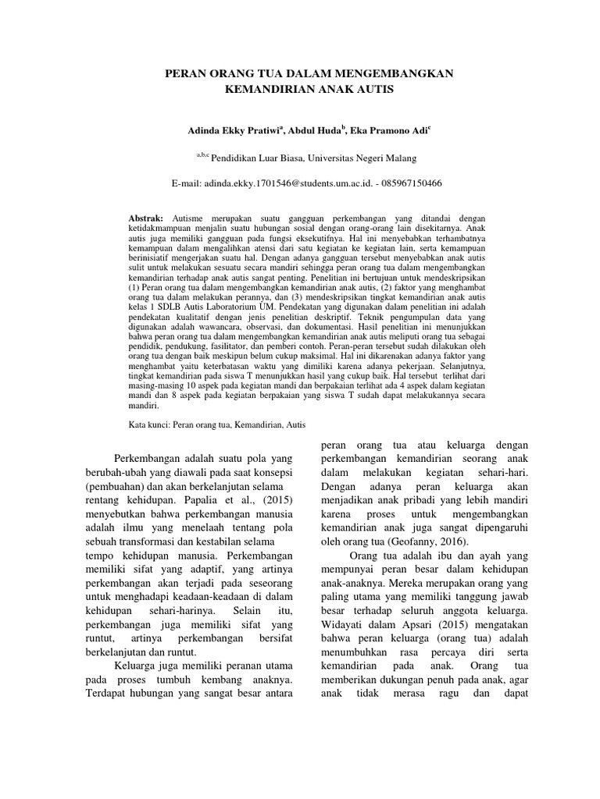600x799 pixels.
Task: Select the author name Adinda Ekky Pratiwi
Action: (x=223, y=130)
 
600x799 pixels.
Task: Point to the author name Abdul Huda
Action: (x=315, y=130)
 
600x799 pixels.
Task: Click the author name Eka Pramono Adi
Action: (x=387, y=130)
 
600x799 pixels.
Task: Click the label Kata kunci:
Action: (x=149, y=425)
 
